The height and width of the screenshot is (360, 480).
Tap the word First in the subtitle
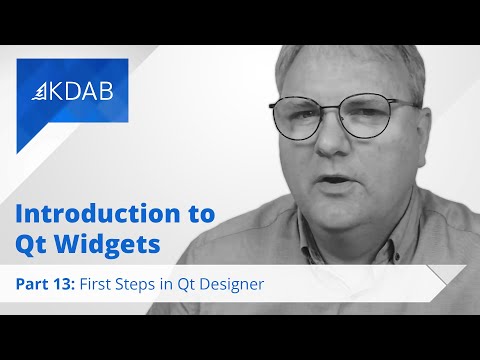point(101,283)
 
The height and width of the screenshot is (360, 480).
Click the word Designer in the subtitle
point(231,283)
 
